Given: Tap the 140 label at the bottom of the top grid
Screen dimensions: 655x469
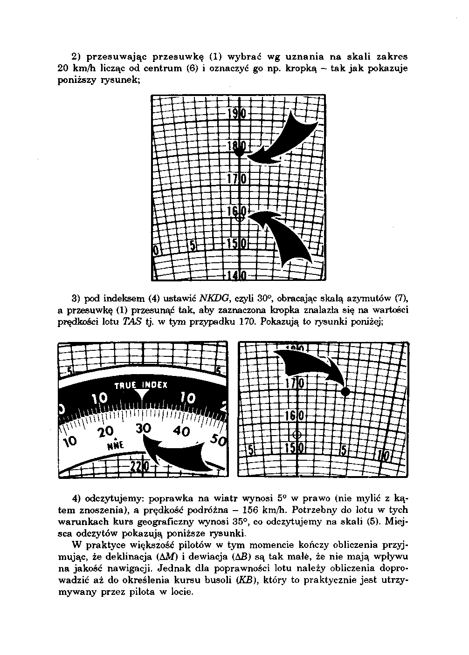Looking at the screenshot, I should [238, 275].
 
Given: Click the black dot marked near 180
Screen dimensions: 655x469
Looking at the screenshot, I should [239, 151].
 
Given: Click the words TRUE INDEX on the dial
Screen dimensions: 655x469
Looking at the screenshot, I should [141, 385].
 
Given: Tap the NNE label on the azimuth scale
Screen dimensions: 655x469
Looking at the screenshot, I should [115, 445].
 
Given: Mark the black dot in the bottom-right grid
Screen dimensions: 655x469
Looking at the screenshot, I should [345, 392].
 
